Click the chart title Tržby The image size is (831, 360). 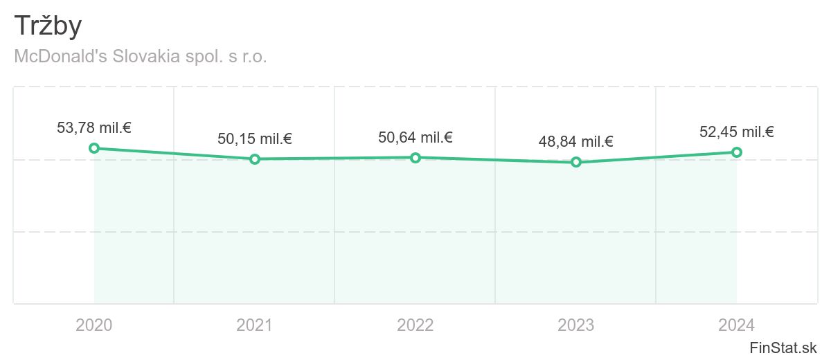[48, 26]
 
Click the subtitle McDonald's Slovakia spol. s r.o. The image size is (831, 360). [141, 57]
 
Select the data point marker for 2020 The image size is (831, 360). [94, 148]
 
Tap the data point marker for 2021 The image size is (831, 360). [255, 159]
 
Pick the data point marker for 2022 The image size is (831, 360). [415, 158]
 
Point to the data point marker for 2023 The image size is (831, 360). [576, 162]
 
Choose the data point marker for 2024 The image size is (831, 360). [737, 152]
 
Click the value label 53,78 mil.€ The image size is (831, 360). [94, 127]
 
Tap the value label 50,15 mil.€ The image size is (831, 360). [255, 138]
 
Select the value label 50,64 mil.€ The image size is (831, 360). [415, 137]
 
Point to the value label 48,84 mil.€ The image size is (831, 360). [576, 142]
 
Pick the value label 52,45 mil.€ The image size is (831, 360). [737, 132]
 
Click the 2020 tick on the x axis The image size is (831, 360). [94, 325]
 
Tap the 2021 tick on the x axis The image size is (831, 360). [255, 325]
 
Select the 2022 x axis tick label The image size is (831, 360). [415, 325]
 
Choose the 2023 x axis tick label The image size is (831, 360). [576, 325]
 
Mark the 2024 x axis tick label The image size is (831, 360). [737, 325]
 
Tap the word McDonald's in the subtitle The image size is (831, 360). [59, 57]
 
